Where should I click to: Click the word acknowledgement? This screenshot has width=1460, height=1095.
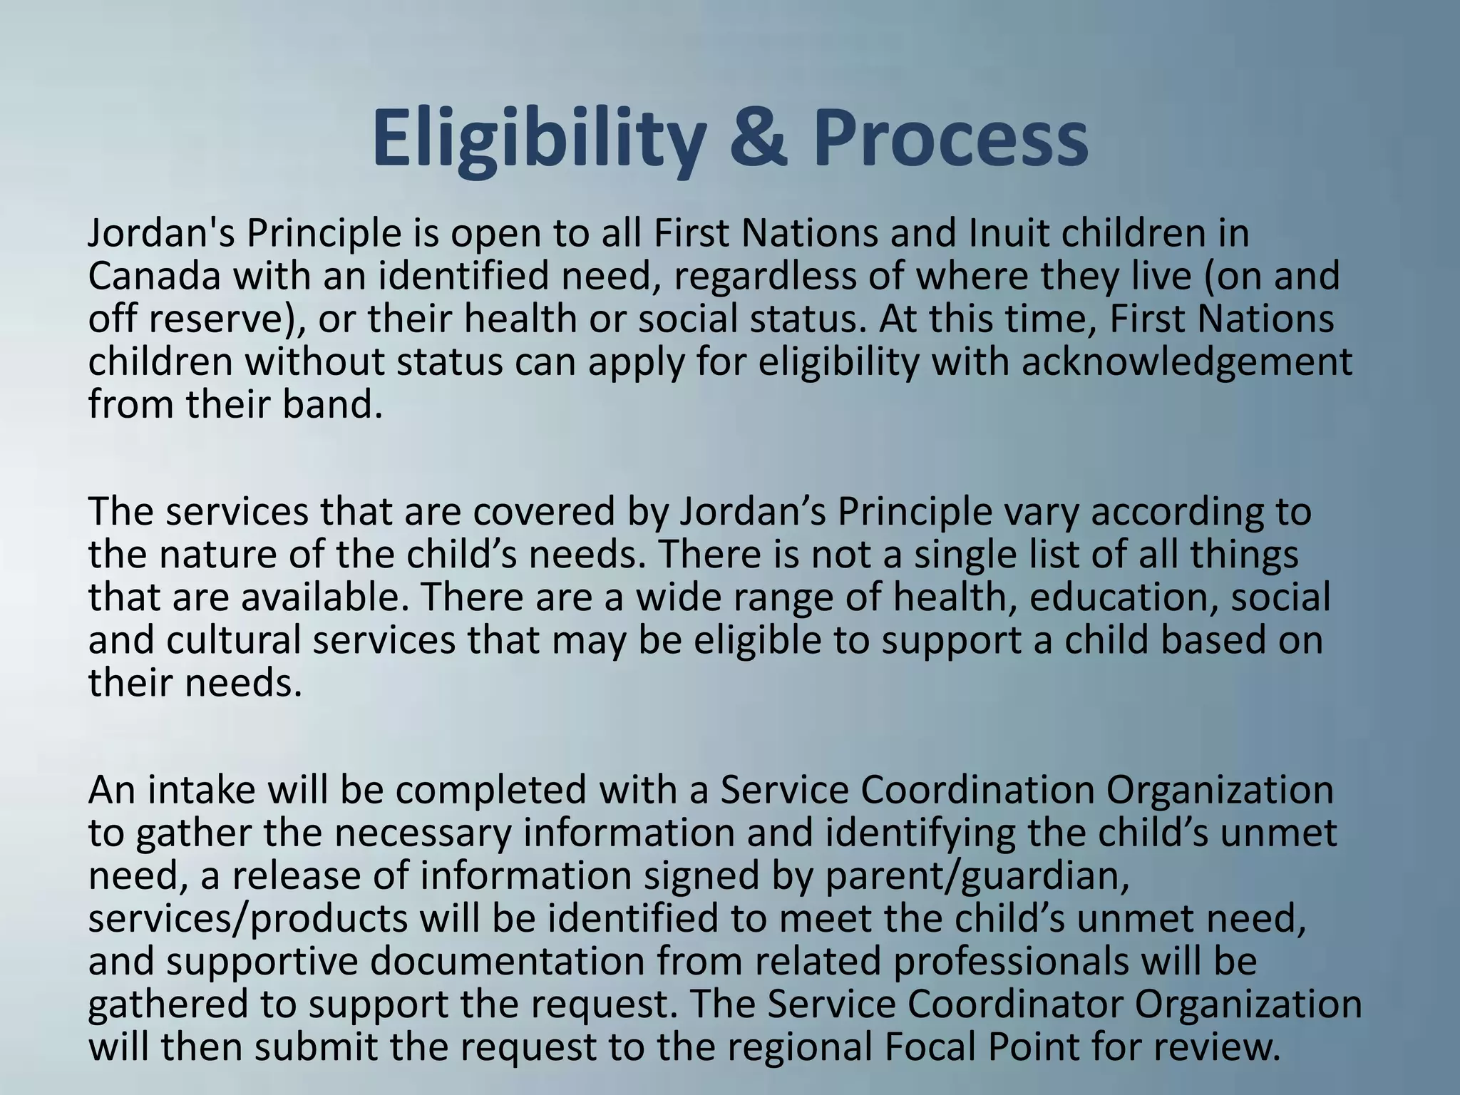[x=1186, y=362]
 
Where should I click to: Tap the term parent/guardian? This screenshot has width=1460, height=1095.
[x=976, y=875]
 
